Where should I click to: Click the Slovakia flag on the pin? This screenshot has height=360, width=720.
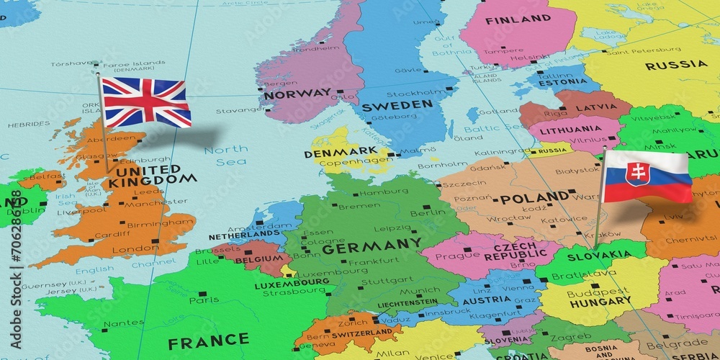(x=647, y=176)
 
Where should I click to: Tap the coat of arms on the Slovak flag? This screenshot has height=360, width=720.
(x=636, y=174)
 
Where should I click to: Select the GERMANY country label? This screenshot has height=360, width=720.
(x=372, y=247)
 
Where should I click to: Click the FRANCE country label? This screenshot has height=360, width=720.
(x=208, y=340)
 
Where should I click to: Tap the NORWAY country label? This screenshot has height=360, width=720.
(x=297, y=93)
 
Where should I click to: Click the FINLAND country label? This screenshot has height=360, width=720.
(x=518, y=19)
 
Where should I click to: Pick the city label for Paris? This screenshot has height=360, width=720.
(x=204, y=300)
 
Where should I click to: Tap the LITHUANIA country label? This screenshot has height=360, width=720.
(x=567, y=130)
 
